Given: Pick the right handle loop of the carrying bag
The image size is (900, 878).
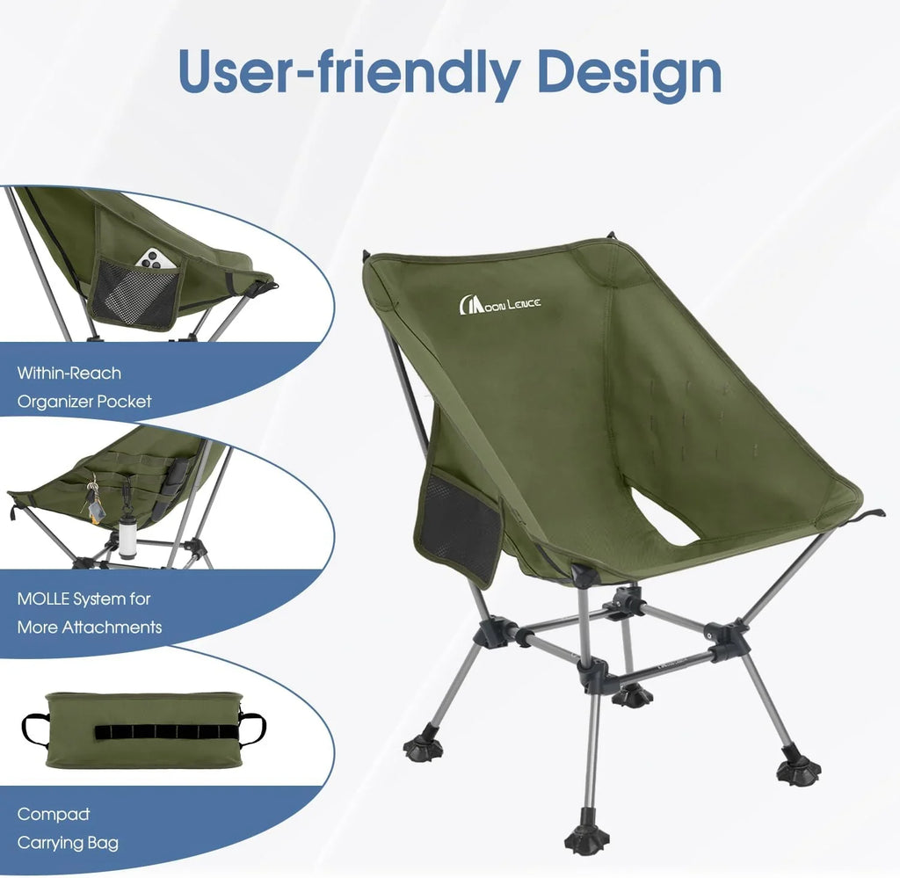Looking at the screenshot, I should (254, 729).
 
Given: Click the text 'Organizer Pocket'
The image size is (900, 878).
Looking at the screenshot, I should (84, 402).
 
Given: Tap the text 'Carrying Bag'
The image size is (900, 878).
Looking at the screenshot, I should (68, 843).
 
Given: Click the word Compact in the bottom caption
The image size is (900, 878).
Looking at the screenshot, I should (54, 815).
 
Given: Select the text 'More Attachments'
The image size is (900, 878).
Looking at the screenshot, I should (90, 628).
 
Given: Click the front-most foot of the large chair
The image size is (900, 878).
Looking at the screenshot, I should (587, 839).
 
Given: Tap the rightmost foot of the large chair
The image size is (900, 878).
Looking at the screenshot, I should (798, 771).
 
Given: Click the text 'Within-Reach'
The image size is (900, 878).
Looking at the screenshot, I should (69, 373).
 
